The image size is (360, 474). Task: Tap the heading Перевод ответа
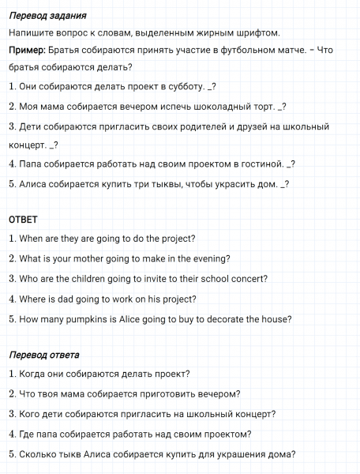[44, 354]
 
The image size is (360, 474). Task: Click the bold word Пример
[26, 51]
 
